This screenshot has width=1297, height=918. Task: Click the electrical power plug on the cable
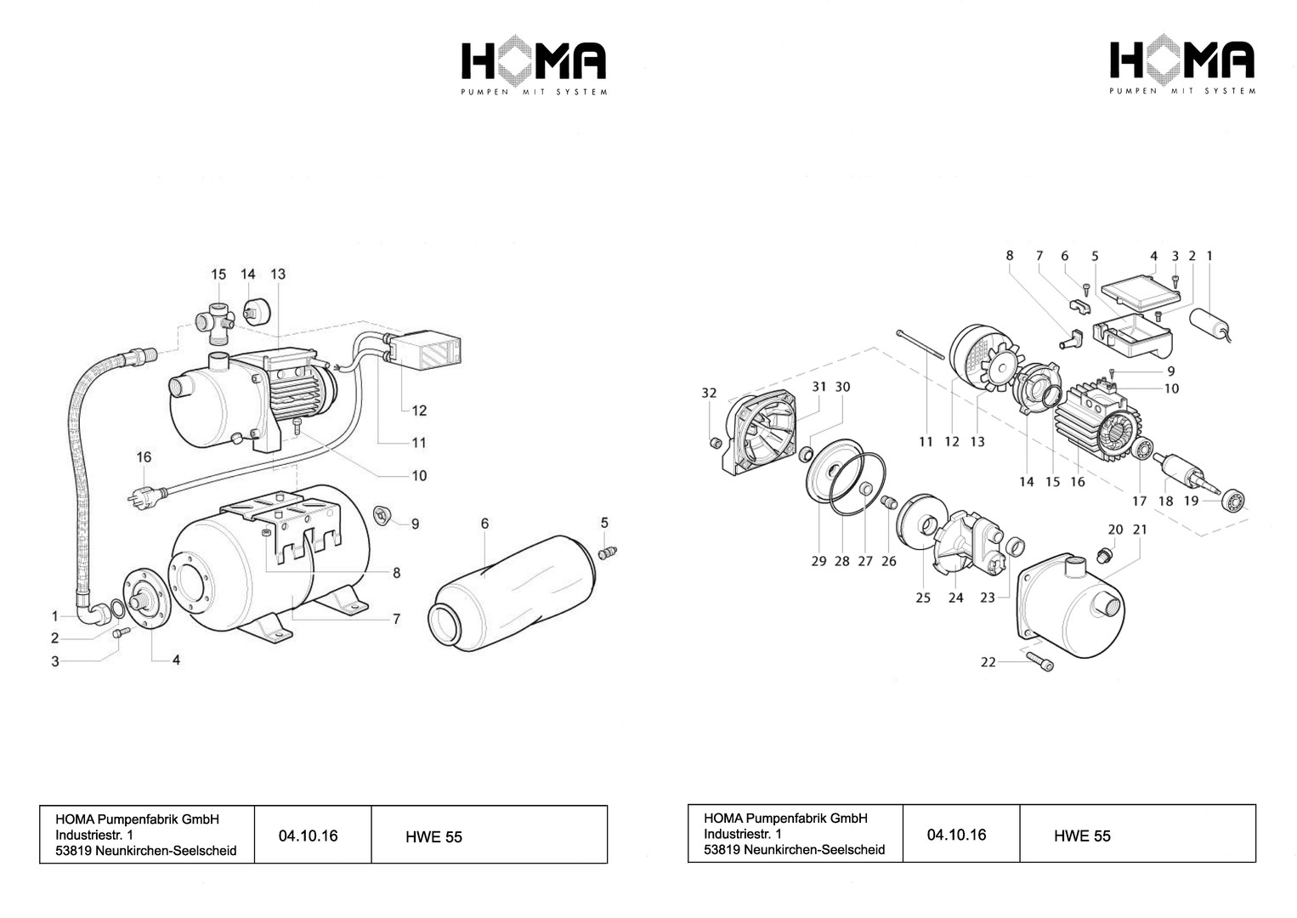[x=144, y=497]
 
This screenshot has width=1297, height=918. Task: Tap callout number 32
[x=710, y=393]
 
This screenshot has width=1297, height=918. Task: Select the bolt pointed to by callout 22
[x=1040, y=661]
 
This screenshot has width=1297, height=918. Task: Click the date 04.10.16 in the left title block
[x=308, y=836]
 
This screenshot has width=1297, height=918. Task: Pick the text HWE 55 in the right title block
[x=1082, y=836]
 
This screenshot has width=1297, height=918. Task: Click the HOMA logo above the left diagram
[x=534, y=65]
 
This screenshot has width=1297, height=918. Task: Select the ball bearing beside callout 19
[x=1233, y=501]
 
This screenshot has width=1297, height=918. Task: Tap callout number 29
[x=818, y=561]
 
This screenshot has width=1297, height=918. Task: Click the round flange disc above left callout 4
[x=147, y=598]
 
